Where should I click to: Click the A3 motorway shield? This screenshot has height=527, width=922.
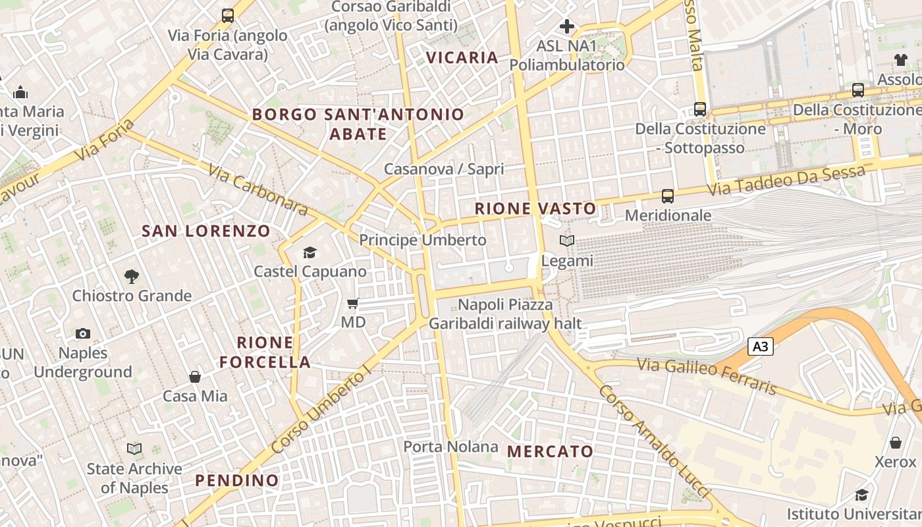point(761,347)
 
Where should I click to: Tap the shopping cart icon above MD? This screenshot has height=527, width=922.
point(353,304)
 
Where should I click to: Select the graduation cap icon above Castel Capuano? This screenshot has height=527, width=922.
point(310,252)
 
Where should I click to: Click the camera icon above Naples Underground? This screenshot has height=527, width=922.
point(83,333)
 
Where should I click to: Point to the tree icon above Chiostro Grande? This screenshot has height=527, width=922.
point(132,277)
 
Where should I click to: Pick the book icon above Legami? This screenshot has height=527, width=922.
point(567,241)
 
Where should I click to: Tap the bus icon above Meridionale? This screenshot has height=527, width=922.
point(668,196)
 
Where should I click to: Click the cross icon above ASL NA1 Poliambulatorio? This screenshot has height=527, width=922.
point(566,26)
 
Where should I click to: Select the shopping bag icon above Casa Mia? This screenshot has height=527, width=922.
point(195,377)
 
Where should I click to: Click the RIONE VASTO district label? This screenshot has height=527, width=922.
point(535,209)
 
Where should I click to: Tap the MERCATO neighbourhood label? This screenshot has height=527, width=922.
point(551,452)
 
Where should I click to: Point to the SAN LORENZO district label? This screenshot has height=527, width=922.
point(206,231)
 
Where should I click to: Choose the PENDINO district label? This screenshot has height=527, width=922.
point(237,480)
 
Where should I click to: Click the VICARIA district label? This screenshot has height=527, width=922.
point(462,57)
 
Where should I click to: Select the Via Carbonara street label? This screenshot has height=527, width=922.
point(258,190)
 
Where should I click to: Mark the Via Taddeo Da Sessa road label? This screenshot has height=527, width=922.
point(786,180)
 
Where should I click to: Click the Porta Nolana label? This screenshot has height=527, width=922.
point(450,447)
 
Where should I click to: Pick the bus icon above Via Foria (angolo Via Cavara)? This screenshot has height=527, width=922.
point(228,16)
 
